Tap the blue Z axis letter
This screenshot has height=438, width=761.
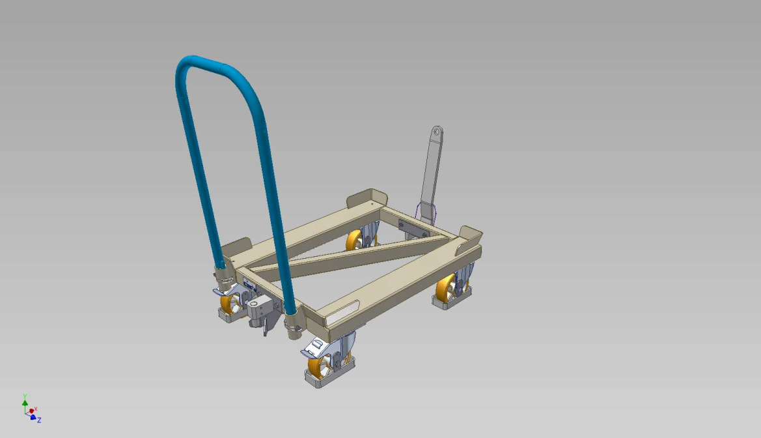tap(39, 420)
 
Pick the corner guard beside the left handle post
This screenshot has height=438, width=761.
tap(236, 248)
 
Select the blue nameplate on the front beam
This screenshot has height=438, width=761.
tap(250, 285)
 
